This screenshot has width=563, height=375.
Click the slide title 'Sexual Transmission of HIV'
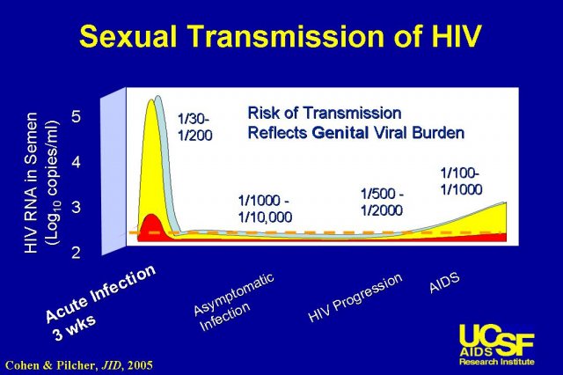(x=280, y=36)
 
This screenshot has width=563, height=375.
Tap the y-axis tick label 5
(x=77, y=116)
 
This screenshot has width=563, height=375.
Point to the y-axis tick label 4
(x=77, y=162)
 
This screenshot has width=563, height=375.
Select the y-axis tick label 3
(x=77, y=207)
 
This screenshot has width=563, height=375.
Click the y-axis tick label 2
(x=77, y=253)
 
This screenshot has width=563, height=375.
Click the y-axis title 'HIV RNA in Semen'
(x=32, y=183)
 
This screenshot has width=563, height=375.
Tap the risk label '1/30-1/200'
(x=195, y=127)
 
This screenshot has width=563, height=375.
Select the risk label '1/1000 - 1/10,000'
(x=265, y=209)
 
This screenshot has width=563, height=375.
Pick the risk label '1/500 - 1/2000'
(x=382, y=202)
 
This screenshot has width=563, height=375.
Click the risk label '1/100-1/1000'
(x=461, y=181)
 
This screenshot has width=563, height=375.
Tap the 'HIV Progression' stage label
(x=355, y=297)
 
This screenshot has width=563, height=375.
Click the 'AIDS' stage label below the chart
(x=444, y=283)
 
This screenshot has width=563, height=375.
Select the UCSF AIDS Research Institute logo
(x=496, y=344)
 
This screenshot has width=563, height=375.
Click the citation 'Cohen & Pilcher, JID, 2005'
(x=79, y=365)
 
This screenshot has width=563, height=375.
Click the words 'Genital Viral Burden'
(x=388, y=133)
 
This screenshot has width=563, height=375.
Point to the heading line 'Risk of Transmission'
(x=325, y=113)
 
